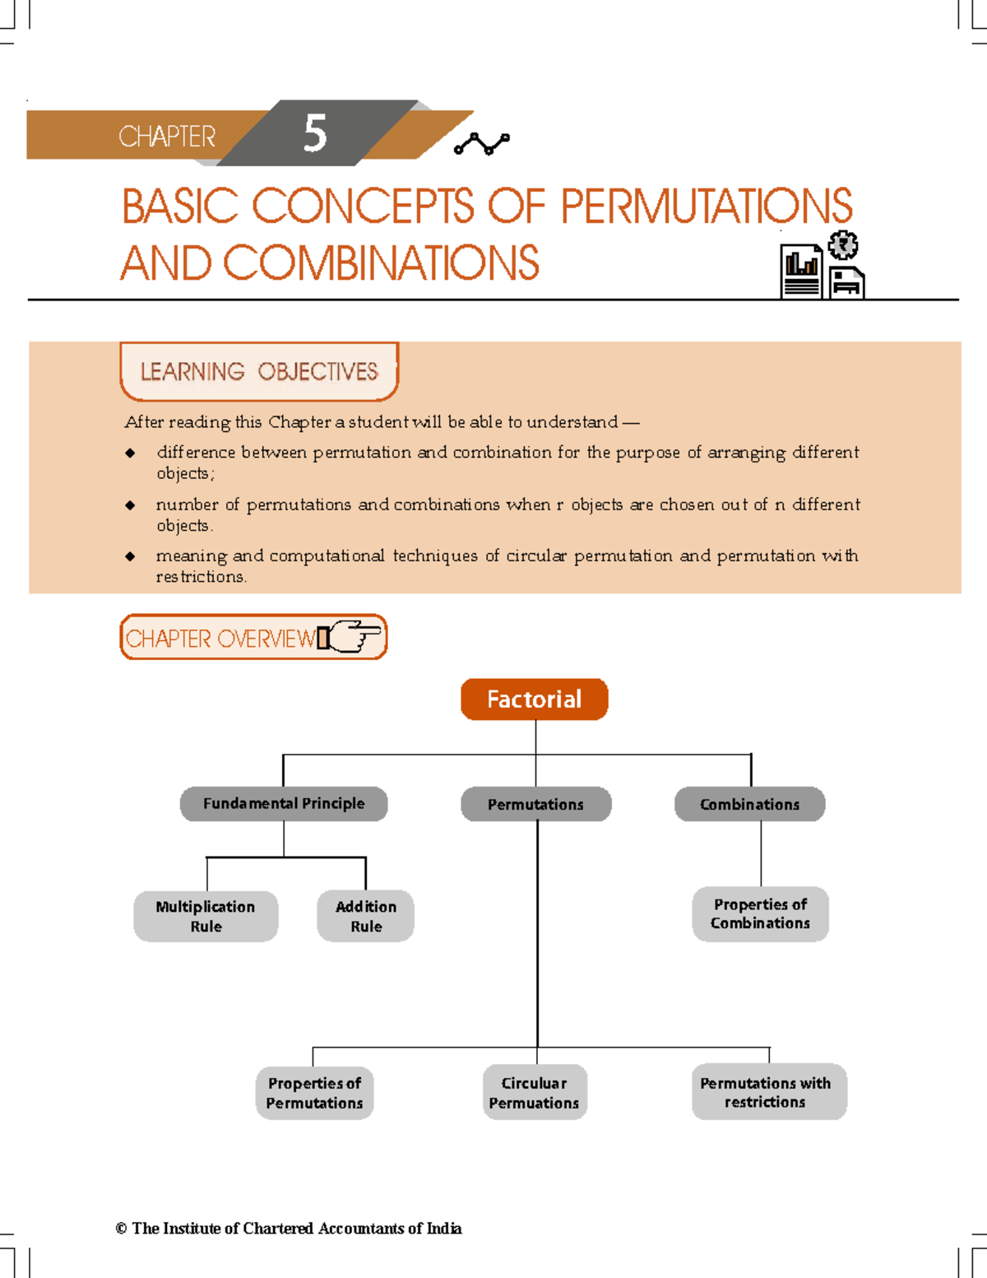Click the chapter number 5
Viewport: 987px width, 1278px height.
[315, 133]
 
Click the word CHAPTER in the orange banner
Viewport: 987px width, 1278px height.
[167, 137]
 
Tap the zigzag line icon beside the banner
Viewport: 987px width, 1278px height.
[482, 144]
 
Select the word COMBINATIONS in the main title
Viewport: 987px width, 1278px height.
[381, 263]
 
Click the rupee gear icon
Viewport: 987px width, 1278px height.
[843, 245]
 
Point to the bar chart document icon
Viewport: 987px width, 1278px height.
[801, 272]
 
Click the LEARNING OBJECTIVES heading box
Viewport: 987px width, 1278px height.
[259, 372]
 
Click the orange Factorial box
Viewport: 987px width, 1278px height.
[535, 699]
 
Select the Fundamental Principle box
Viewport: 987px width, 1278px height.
[284, 804]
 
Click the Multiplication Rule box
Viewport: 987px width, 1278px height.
[206, 916]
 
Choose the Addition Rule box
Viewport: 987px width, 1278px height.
[366, 916]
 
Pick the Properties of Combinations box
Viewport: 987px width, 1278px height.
[760, 914]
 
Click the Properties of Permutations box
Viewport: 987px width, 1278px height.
[314, 1094]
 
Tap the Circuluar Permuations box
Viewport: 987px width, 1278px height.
[535, 1093]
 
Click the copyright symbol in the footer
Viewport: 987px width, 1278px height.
[121, 1229]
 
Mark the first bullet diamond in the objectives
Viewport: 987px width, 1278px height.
[130, 453]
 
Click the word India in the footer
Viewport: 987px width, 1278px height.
[444, 1229]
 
